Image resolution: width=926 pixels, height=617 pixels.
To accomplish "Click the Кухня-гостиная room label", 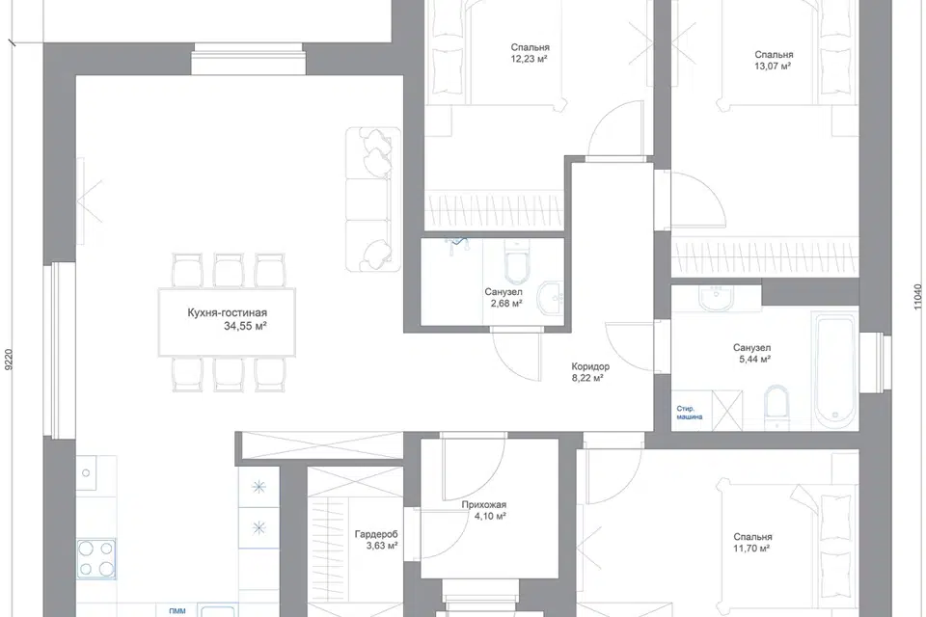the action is tap(227, 313).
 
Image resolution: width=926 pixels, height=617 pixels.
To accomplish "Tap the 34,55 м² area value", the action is tap(245, 325).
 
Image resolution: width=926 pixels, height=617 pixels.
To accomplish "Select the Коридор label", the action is tap(590, 366).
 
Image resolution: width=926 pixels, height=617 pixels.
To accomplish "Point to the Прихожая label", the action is tap(483, 505).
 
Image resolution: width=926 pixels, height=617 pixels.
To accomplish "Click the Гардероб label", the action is tap(376, 535).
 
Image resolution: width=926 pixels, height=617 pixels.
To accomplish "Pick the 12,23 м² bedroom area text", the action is tap(530, 59).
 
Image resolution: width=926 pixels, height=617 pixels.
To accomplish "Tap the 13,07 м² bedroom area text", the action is tap(773, 67).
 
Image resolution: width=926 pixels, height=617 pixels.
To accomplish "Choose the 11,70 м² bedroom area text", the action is tap(751, 549).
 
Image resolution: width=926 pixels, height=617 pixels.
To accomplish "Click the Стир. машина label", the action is tap(689, 413).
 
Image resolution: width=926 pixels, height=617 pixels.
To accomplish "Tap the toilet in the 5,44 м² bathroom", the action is tap(776, 409).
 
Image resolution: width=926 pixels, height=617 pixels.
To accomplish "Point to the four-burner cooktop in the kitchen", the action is tap(95, 559).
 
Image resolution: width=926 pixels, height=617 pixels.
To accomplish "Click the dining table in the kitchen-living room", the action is tap(227, 322).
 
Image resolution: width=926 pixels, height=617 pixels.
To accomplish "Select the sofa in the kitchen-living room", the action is tap(372, 199).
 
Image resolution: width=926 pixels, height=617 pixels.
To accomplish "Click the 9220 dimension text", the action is tap(8, 360).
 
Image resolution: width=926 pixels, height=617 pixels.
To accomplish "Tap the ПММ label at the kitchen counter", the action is tap(177, 611).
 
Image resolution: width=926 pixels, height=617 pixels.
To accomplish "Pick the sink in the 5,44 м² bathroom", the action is tap(717, 298).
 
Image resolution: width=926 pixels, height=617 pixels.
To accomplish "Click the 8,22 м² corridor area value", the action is tap(587, 378).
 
